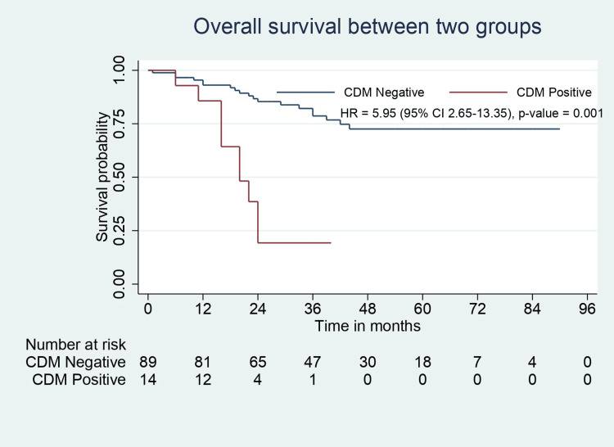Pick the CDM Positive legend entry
click(x=558, y=93)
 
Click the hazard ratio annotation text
click(x=472, y=115)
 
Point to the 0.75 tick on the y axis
click(x=122, y=124)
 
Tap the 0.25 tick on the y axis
click(x=122, y=231)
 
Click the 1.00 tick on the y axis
click(x=122, y=70)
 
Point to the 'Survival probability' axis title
click(x=102, y=177)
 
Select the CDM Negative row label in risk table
click(x=75, y=362)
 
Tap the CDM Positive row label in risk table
click(x=79, y=379)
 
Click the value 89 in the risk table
click(x=148, y=362)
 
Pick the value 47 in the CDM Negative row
click(x=313, y=362)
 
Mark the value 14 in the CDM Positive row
click(x=148, y=379)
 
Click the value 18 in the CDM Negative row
click(x=422, y=362)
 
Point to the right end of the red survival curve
click(x=331, y=243)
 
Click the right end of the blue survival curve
click(x=559, y=129)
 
